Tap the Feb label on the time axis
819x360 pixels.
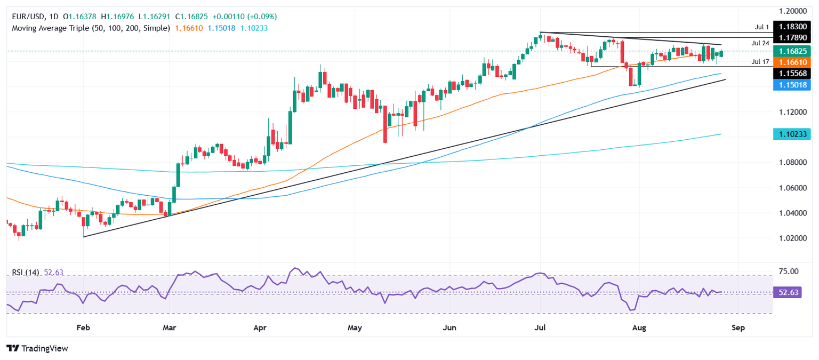point(83,327)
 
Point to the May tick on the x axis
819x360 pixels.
point(354,327)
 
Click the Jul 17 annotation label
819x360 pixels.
point(760,62)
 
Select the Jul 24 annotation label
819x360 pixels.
point(760,42)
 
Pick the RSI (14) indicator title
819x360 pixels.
point(26,273)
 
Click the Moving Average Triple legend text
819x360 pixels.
point(91,28)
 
